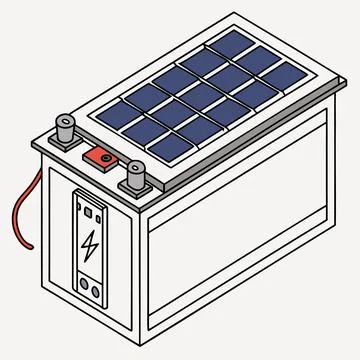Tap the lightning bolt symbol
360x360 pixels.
(90, 245)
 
